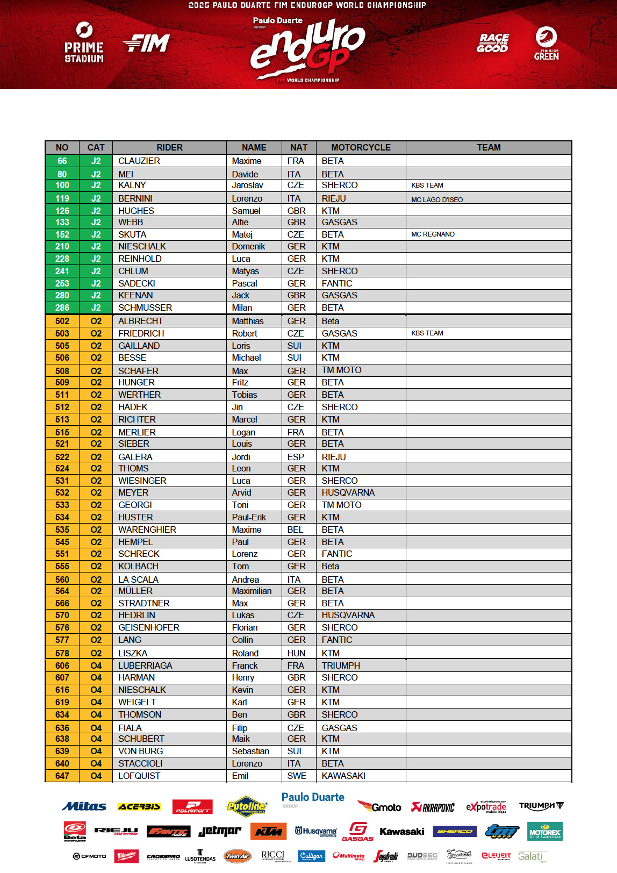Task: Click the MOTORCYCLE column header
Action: pos(361,147)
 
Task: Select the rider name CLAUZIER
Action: pos(139,161)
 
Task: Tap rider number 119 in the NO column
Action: pos(62,198)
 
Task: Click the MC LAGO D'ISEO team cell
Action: pos(437,199)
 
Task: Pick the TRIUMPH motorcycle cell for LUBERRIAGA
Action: pos(341,666)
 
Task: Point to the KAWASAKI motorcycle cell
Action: pos(343,776)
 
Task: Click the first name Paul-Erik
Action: pos(249,517)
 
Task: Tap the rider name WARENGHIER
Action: pos(147,529)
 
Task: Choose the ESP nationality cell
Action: pos(296,457)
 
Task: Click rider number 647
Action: pos(62,776)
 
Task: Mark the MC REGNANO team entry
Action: pos(433,234)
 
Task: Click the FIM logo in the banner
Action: pos(146,43)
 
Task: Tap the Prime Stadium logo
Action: pos(84,42)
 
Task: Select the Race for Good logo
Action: pos(493,43)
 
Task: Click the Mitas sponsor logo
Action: pos(84,806)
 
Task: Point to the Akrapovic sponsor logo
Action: pos(433,807)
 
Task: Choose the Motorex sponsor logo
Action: pos(544,832)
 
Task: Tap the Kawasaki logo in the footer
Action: pos(401,832)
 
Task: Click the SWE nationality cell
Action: pos(297,776)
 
